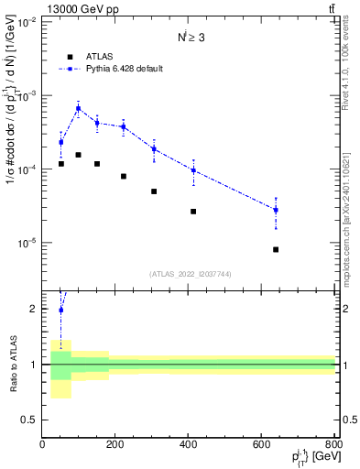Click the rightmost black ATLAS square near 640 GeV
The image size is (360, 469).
coord(276,249)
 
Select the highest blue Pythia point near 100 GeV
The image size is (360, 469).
coord(79,108)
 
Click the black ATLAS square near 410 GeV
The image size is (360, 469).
coord(193,212)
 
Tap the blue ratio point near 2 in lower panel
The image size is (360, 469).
coord(61,310)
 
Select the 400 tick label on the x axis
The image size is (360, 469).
coord(189,446)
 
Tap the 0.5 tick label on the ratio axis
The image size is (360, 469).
coord(30,420)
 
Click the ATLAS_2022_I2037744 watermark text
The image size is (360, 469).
coord(189,274)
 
